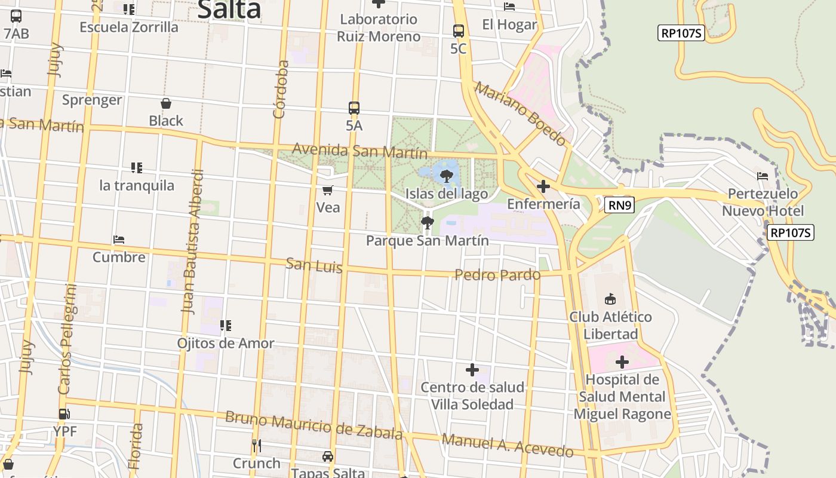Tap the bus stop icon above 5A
[354, 108]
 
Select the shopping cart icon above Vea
[327, 190]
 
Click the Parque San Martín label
[427, 241]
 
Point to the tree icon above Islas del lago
[446, 176]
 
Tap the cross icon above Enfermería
[543, 186]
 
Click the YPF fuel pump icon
[64, 413]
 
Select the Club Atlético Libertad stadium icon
[610, 299]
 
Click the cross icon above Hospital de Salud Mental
[622, 361]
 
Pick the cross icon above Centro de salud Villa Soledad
[472, 370]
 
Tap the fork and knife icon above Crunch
[256, 445]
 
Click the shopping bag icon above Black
[166, 103]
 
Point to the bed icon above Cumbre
[119, 240]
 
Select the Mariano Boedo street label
[520, 114]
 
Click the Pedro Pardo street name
[497, 275]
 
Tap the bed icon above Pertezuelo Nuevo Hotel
[763, 176]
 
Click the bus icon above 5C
[459, 31]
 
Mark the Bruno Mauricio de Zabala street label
[314, 424]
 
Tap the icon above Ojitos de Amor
[225, 326]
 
